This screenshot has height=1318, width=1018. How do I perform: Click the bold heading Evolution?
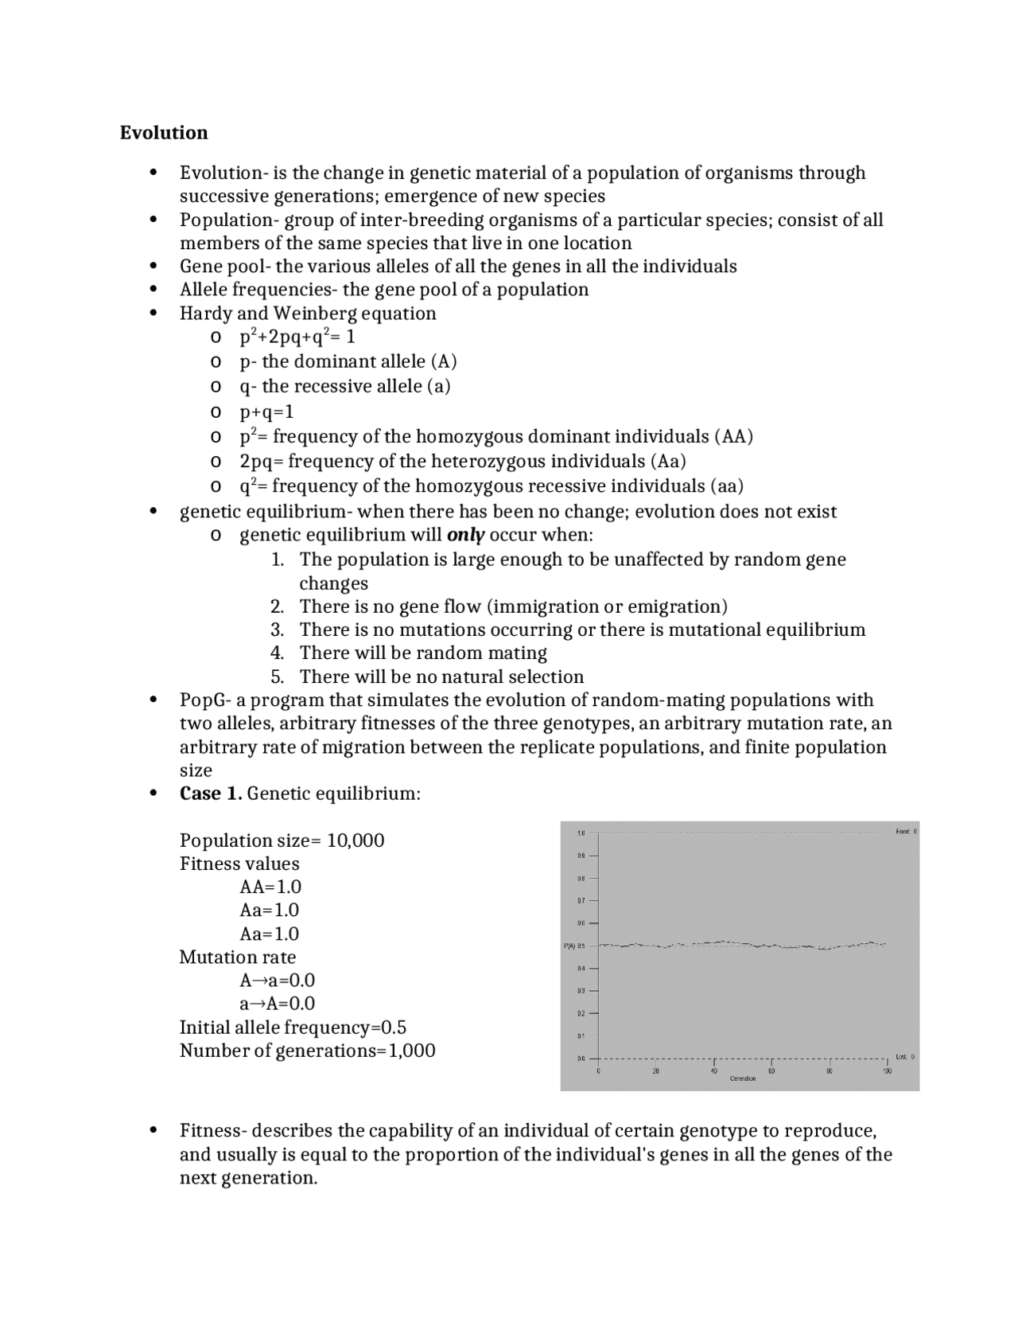pyautogui.click(x=164, y=133)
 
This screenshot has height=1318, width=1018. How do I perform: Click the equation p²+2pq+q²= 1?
pyautogui.click(x=297, y=337)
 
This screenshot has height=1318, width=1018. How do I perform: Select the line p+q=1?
pyautogui.click(x=266, y=411)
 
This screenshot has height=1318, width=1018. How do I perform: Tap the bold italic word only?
pyautogui.click(x=466, y=535)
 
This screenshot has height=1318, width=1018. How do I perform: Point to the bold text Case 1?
pyautogui.click(x=211, y=794)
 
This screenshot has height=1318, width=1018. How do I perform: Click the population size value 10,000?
pyautogui.click(x=356, y=840)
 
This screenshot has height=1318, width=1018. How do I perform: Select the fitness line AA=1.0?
pyautogui.click(x=270, y=887)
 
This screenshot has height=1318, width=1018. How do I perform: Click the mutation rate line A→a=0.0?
pyautogui.click(x=277, y=980)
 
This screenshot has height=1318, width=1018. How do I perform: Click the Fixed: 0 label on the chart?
pyautogui.click(x=906, y=831)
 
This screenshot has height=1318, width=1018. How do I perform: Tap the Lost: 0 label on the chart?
pyautogui.click(x=905, y=1057)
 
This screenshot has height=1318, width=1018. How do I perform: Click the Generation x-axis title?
pyautogui.click(x=742, y=1078)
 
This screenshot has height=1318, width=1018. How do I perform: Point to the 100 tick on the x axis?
pyautogui.click(x=887, y=1071)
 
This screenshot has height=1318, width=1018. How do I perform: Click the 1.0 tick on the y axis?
pyautogui.click(x=581, y=833)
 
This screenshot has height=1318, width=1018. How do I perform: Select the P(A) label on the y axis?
pyautogui.click(x=569, y=946)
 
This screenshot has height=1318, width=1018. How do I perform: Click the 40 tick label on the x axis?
pyautogui.click(x=713, y=1071)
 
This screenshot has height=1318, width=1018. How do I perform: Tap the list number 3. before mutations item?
pyautogui.click(x=277, y=630)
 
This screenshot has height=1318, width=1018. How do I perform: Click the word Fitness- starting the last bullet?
pyautogui.click(x=213, y=1131)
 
